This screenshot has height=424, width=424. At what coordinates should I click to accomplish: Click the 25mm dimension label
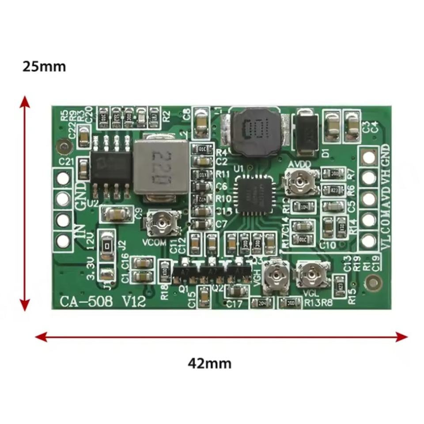click(44, 66)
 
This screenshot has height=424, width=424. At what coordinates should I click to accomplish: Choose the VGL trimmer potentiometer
click(313, 273)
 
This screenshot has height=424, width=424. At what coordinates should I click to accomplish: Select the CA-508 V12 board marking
click(99, 302)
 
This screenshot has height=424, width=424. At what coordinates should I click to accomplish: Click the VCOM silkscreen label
click(155, 242)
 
